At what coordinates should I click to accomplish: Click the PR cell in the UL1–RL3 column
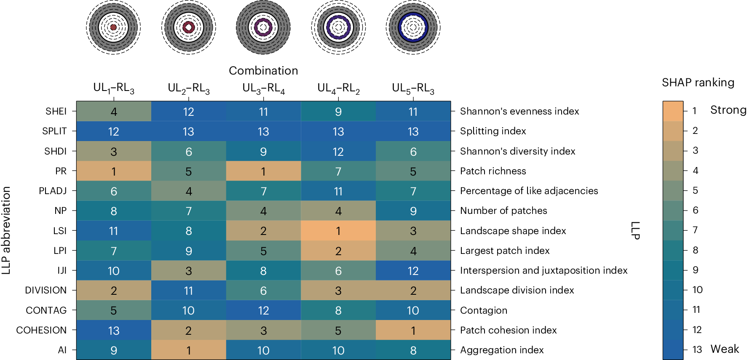pyautogui.click(x=114, y=171)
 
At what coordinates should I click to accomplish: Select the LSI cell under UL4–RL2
pyautogui.click(x=338, y=231)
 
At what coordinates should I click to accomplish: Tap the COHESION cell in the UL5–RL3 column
pyautogui.click(x=413, y=330)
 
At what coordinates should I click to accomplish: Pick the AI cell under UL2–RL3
pyautogui.click(x=188, y=350)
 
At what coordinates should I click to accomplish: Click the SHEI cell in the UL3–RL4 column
pyautogui.click(x=263, y=112)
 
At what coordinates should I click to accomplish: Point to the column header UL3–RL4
pyautogui.click(x=263, y=88)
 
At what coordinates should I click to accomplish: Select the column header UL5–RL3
pyautogui.click(x=413, y=88)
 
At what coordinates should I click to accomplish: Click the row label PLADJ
pyautogui.click(x=53, y=191)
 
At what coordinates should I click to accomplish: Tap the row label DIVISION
pyautogui.click(x=46, y=290)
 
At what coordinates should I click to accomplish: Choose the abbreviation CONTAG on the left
pyautogui.click(x=46, y=310)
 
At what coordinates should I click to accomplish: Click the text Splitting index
pyautogui.click(x=493, y=131)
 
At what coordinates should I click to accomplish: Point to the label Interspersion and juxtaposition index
pyautogui.click(x=544, y=270)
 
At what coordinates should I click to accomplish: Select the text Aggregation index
pyautogui.click(x=502, y=350)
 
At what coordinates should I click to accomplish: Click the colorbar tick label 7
pyautogui.click(x=695, y=230)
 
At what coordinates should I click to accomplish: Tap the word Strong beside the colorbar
pyautogui.click(x=728, y=110)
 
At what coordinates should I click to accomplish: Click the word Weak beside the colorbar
pyautogui.click(x=725, y=349)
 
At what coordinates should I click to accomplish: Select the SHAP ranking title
pyautogui.click(x=698, y=83)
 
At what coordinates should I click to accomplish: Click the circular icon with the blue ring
pyautogui.click(x=413, y=27)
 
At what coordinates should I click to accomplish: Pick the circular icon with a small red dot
pyautogui.click(x=113, y=27)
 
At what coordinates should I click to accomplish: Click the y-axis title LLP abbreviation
pyautogui.click(x=6, y=230)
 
